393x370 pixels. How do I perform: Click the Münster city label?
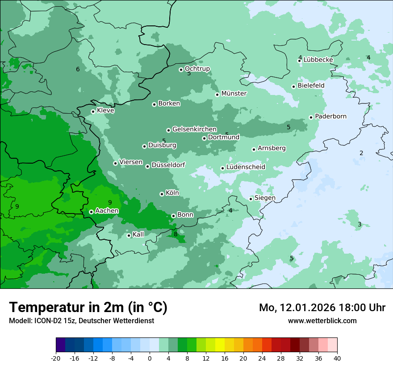234,94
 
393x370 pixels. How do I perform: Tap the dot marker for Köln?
162,194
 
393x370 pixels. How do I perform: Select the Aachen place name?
107,211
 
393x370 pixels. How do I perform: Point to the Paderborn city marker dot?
311,118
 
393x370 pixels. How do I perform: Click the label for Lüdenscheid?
246,167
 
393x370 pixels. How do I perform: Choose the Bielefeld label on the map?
311,86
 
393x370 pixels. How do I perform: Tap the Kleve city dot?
93,112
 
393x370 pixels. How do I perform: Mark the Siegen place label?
265,198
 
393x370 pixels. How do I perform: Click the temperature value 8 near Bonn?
176,234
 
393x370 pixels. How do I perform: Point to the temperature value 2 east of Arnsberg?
361,153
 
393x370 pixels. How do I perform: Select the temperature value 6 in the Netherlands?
78,69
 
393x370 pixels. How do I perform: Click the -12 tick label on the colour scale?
93,358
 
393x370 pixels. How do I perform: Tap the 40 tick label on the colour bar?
337,358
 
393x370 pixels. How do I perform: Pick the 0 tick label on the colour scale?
149,358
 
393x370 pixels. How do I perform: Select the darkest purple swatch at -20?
60,345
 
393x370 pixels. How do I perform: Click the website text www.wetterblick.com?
322,321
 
